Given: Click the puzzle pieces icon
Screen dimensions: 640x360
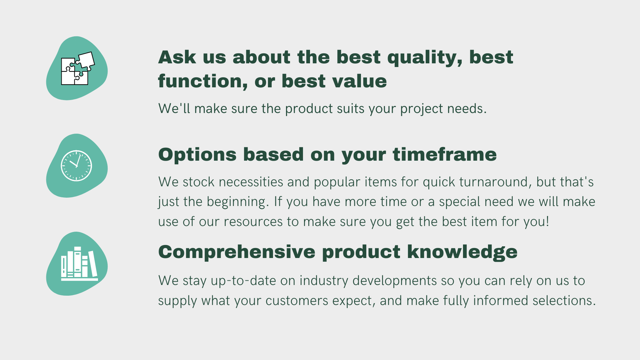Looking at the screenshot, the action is (x=78, y=68).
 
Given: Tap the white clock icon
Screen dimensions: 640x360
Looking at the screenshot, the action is (x=76, y=166).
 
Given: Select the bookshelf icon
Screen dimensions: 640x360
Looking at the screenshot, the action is (x=79, y=264).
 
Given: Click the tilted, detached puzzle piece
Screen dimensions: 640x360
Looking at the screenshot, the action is (x=86, y=61).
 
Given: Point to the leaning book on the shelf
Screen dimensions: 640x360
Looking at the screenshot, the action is (x=93, y=264).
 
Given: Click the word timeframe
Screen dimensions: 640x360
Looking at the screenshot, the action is (x=445, y=155).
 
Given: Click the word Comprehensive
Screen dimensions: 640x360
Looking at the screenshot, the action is (x=237, y=252).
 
